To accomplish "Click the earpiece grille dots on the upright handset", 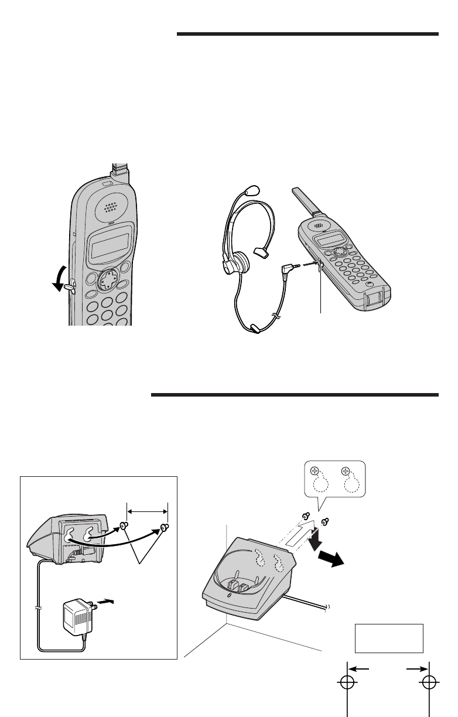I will tap(110, 208).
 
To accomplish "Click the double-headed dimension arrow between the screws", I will tap(147, 511).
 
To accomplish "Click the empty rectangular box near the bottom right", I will tap(388, 638).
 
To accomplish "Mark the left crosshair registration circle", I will tap(348, 683).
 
